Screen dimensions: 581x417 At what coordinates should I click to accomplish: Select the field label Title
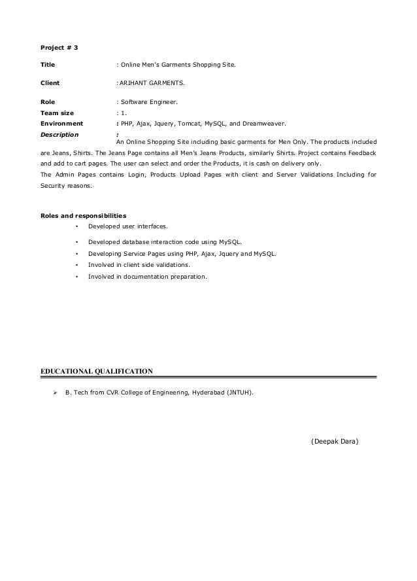click(48, 65)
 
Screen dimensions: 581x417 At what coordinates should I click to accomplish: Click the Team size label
click(57, 113)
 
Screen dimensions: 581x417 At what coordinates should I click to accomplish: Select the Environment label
click(61, 123)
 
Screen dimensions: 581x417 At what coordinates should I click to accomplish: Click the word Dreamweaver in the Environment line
click(263, 123)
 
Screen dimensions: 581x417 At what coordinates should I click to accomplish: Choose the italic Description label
click(59, 134)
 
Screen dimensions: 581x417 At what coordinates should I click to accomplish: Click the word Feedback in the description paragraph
click(361, 152)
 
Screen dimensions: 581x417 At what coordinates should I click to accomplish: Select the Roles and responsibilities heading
click(83, 215)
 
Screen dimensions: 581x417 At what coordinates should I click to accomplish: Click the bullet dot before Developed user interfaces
click(77, 226)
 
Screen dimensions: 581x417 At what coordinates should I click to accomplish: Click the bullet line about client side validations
click(139, 265)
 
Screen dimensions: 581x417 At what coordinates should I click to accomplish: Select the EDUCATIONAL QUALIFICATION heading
click(97, 371)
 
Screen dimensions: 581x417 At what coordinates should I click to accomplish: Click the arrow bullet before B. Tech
click(56, 393)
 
